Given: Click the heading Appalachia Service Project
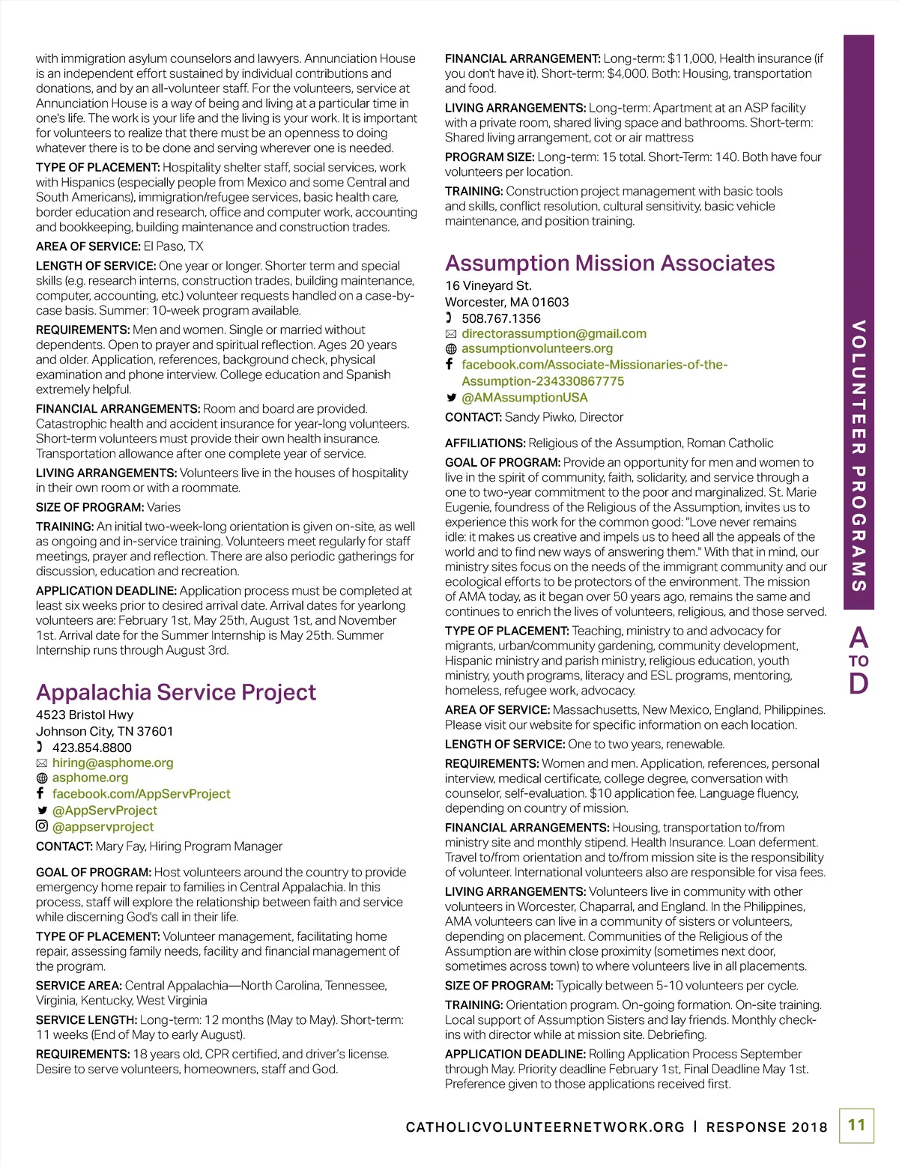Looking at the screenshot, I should coord(176,692).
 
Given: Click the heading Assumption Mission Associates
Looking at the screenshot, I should coord(610,263).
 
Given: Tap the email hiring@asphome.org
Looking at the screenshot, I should coord(112,763).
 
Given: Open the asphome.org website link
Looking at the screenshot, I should coord(90,778).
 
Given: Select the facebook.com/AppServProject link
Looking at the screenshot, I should coord(141,794).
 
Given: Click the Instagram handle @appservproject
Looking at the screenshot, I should coord(103,827).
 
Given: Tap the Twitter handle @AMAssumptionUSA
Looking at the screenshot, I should coord(524,398).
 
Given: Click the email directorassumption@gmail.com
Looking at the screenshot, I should coord(554,333).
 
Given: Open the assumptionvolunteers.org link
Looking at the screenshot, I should coord(536,348).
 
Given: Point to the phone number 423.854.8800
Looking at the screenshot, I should coord(91,748).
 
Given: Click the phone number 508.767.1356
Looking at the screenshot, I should coord(500,318).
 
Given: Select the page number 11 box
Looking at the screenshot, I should coord(856,1125).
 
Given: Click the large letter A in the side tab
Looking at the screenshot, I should coord(859,638).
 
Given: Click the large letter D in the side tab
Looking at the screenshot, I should coord(859,683).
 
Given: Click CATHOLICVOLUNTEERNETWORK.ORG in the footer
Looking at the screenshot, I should coord(545,1127).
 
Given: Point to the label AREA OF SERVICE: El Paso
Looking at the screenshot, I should coord(120,246).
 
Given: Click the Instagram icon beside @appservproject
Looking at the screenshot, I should coord(42,826).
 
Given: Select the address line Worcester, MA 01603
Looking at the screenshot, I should coord(506,302).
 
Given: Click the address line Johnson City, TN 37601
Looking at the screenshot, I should coord(104,731).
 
